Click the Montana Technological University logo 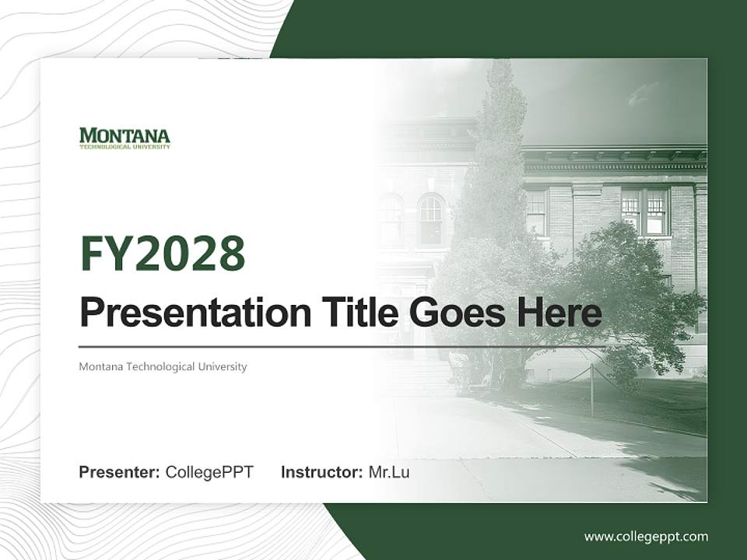[124, 138]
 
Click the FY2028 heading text [162, 254]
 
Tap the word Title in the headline [354, 313]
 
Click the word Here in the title [558, 313]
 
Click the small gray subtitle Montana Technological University [163, 366]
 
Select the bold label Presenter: [120, 472]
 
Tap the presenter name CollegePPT [209, 472]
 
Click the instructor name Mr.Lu [389, 472]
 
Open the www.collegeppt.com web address [646, 536]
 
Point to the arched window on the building [430, 219]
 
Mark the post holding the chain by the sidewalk [591, 390]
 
